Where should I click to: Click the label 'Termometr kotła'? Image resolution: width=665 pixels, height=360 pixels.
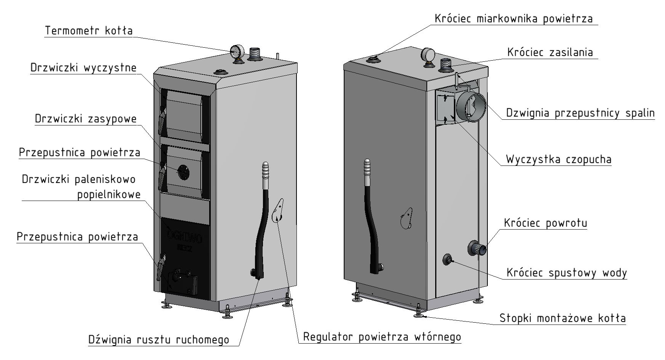[x=89, y=31]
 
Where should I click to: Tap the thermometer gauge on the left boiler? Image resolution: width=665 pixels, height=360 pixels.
[x=237, y=51]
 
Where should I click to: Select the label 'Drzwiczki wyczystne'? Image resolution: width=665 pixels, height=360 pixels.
[x=83, y=68]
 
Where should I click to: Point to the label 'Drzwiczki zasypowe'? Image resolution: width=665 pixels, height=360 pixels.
[x=86, y=119]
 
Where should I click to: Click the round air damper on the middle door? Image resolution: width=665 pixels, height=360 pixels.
[x=184, y=172]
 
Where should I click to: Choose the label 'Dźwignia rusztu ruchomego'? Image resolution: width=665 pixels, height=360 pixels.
[x=159, y=339]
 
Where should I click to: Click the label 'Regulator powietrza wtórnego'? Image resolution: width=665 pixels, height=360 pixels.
[x=382, y=337]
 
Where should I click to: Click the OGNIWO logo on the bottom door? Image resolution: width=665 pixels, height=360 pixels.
[x=185, y=237]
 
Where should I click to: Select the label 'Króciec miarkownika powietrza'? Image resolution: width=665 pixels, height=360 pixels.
[x=514, y=19]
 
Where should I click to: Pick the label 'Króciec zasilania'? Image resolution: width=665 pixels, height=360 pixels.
[x=550, y=52]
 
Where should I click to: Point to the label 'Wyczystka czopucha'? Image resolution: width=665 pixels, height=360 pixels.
[x=559, y=159]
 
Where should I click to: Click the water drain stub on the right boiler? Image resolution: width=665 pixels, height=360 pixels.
[x=447, y=260]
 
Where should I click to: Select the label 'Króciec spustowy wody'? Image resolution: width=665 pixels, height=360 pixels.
[x=567, y=273]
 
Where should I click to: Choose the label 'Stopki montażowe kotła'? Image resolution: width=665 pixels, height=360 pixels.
[x=562, y=318]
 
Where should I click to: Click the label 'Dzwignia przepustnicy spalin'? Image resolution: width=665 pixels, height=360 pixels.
[x=580, y=113]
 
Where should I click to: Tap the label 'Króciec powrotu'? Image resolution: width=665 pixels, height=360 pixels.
[x=545, y=223]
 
